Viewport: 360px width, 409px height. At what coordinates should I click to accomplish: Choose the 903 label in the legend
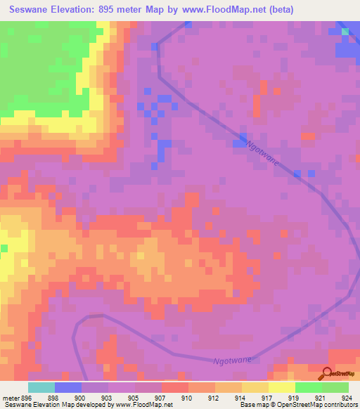tap(107, 397)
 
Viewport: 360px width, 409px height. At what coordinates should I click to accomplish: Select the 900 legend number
tap(81, 397)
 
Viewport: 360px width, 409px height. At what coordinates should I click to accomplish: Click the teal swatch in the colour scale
tap(41, 387)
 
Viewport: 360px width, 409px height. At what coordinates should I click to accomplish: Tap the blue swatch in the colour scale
tap(68, 387)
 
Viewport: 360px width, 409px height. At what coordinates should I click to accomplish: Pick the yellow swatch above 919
tap(281, 387)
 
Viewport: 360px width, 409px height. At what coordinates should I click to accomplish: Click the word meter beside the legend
tap(10, 397)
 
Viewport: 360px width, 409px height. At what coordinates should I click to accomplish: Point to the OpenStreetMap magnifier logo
tap(326, 373)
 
